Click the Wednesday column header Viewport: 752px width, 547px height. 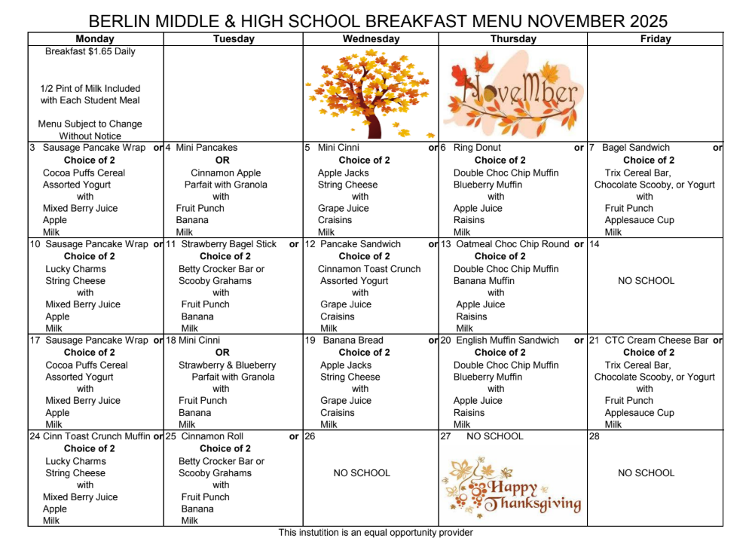coord(371,38)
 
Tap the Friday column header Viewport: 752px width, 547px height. coord(655,38)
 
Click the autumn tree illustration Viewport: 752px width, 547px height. coord(368,92)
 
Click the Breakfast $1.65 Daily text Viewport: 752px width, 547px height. coord(90,52)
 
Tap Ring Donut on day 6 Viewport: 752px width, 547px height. coord(477,148)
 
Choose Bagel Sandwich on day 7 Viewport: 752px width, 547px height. coord(636,148)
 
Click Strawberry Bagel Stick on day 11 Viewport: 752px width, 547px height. coord(229,244)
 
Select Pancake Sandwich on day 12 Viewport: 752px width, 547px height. coord(359,244)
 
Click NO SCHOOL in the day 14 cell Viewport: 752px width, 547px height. coord(646,280)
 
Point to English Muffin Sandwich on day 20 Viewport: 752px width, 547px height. coord(508,340)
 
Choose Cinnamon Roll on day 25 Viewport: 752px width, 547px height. coord(212,436)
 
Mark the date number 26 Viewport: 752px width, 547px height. coord(310,436)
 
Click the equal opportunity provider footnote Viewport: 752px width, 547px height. coord(375,533)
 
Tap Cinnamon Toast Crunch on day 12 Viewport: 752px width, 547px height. coord(369,268)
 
